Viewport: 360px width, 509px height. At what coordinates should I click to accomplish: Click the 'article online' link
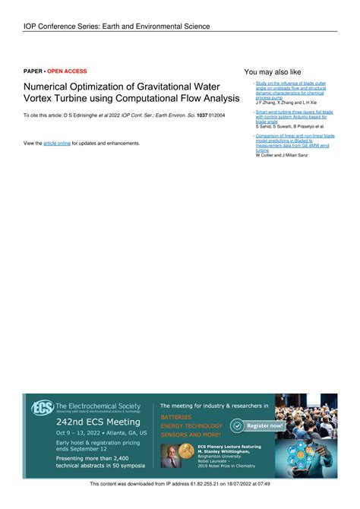[57, 143]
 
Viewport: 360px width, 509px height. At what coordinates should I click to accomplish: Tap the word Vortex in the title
[40, 99]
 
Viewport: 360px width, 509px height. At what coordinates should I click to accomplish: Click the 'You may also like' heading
[273, 72]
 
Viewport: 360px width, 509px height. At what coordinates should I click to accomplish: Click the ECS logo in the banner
[42, 408]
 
